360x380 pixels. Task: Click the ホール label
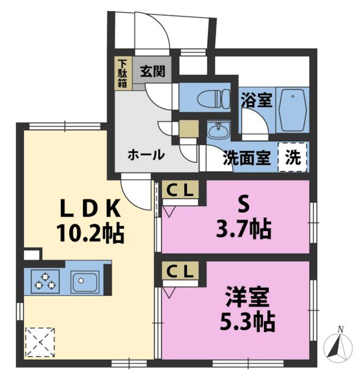point(146,155)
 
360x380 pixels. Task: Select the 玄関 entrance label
point(152,72)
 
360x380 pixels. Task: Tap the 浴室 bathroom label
point(256,100)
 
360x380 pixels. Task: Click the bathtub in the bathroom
point(291,109)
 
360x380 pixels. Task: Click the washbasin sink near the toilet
point(217,129)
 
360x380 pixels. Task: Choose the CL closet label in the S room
point(180,191)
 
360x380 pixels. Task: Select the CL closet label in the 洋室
point(180,271)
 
